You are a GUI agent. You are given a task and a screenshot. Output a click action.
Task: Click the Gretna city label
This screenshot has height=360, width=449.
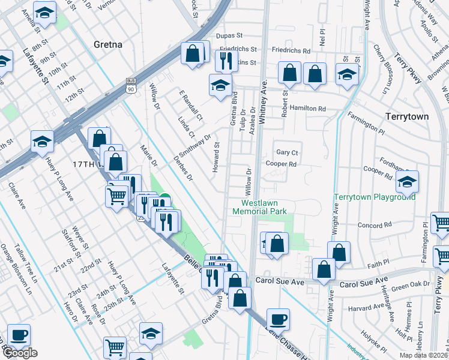[108, 44]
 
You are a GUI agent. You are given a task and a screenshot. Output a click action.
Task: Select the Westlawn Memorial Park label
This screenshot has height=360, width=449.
[260, 207]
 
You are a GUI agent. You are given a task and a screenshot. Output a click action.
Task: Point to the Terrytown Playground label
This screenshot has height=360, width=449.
[375, 197]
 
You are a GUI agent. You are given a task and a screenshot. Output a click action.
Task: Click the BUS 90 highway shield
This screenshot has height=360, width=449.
[130, 86]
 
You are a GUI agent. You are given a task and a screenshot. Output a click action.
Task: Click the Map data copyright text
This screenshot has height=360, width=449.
[424, 355]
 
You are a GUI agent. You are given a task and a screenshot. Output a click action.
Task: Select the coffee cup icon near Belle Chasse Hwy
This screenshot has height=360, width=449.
[278, 319]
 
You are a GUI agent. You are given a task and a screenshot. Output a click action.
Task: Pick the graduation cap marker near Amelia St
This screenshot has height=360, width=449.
[44, 12]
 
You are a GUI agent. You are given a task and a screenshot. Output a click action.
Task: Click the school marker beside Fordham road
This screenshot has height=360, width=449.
[408, 182]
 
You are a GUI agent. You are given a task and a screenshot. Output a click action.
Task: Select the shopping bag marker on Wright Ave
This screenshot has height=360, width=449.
[339, 253]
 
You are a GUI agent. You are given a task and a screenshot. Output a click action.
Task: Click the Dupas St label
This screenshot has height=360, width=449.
[229, 36]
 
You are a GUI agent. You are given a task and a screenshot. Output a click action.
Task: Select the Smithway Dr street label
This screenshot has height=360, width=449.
[200, 145]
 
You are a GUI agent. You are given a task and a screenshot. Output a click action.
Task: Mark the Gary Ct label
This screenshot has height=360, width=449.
[287, 152]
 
